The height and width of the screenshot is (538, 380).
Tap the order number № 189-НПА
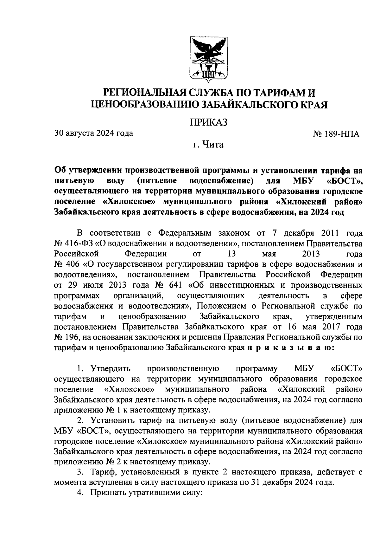(x=336, y=134)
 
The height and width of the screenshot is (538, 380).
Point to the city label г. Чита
(x=209, y=145)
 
